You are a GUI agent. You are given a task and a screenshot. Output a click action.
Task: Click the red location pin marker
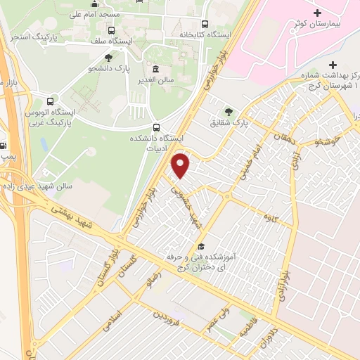(x=181, y=165)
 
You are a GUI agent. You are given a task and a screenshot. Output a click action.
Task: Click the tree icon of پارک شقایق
(x=228, y=110)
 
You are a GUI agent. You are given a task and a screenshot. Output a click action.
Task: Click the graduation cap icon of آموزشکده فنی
(x=201, y=246)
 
